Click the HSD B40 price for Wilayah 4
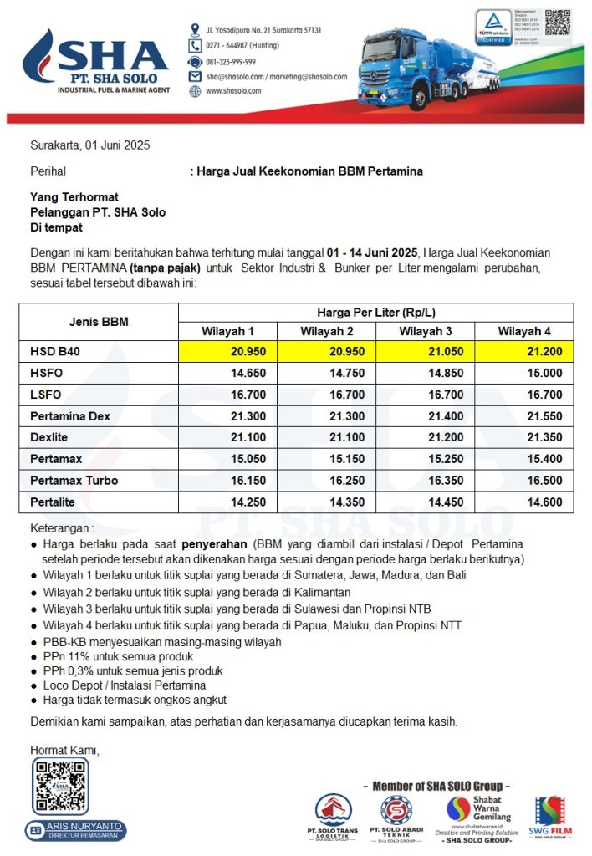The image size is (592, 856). pyautogui.click(x=544, y=351)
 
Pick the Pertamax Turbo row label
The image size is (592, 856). pyautogui.click(x=74, y=481)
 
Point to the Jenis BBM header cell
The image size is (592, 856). pyautogui.click(x=98, y=322)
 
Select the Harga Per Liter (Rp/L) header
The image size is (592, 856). pyautogui.click(x=375, y=312)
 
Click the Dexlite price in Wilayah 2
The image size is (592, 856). pyautogui.click(x=346, y=437)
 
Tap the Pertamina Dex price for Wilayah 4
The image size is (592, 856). pyautogui.click(x=544, y=416)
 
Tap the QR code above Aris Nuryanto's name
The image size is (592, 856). pyautogui.click(x=60, y=788)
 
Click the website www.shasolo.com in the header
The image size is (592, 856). pyautogui.click(x=231, y=91)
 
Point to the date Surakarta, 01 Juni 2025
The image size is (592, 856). pyautogui.click(x=90, y=145)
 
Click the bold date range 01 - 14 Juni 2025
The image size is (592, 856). pyautogui.click(x=372, y=252)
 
